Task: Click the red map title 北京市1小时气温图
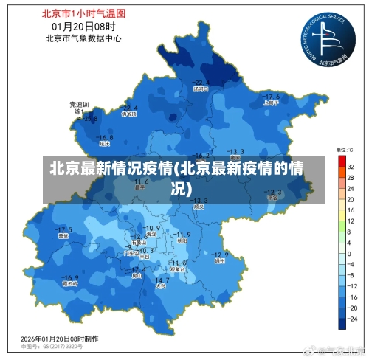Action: pos(83,13)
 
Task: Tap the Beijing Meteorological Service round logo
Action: pos(324,39)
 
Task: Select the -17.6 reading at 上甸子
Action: pos(272,97)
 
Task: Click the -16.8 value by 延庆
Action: pos(106,137)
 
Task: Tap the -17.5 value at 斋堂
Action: pos(65,229)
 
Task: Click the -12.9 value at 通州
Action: pos(220,255)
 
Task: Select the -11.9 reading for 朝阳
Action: pos(182,235)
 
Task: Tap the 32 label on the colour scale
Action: pos(351,167)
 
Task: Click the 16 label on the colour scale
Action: pos(351,210)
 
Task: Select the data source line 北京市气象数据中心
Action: pos(83,38)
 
